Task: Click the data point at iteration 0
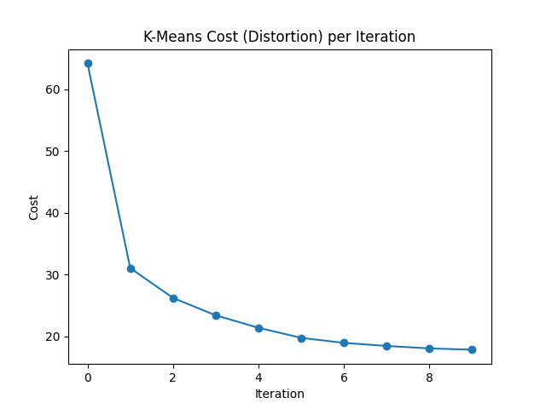coord(88,63)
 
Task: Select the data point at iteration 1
coord(131,268)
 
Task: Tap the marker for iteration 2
coord(173,298)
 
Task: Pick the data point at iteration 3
coord(216,315)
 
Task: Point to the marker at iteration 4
coord(258,328)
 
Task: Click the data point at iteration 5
coord(301,338)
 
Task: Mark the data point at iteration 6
coord(344,343)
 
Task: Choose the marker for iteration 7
coord(386,346)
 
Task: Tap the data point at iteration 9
coord(472,349)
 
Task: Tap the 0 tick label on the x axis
coord(88,377)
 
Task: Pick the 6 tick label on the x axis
coord(344,377)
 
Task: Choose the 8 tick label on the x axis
coord(429,377)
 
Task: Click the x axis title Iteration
coord(280,394)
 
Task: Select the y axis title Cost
coord(34,206)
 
